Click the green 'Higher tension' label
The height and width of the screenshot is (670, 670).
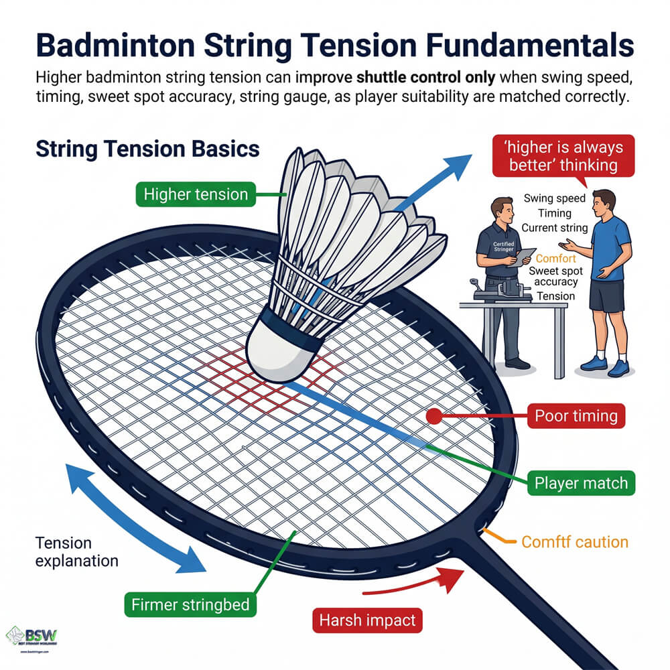pyautogui.click(x=195, y=195)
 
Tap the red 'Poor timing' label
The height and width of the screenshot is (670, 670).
pyautogui.click(x=576, y=416)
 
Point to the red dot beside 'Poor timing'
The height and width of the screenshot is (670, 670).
pyautogui.click(x=433, y=417)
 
